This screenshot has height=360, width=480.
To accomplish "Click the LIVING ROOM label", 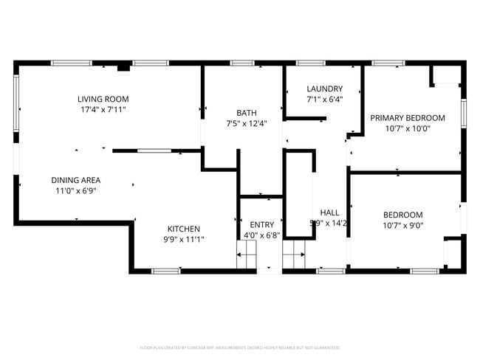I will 103,99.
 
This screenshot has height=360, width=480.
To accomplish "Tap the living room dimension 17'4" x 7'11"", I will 103,109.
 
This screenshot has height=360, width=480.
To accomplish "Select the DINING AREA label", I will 75,180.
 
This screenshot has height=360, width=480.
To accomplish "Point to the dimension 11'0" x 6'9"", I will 75,190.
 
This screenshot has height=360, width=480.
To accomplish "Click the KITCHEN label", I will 183,229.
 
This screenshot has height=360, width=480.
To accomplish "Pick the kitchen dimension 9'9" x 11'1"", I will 183,239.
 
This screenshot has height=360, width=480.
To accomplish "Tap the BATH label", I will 247,113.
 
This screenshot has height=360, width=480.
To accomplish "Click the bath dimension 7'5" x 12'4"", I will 247,123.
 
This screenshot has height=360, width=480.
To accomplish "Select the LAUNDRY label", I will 325,89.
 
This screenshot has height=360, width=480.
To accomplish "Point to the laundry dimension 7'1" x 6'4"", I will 325,99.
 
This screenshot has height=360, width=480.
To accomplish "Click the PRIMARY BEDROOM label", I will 408,117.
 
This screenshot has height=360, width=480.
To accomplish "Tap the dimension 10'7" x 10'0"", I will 408,128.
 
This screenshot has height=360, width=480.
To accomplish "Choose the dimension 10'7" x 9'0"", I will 402,226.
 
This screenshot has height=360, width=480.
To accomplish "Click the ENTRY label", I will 261,225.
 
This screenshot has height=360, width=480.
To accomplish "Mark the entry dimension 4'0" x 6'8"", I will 261,235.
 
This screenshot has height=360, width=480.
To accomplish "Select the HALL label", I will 329,212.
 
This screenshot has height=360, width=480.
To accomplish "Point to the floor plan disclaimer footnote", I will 240,347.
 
